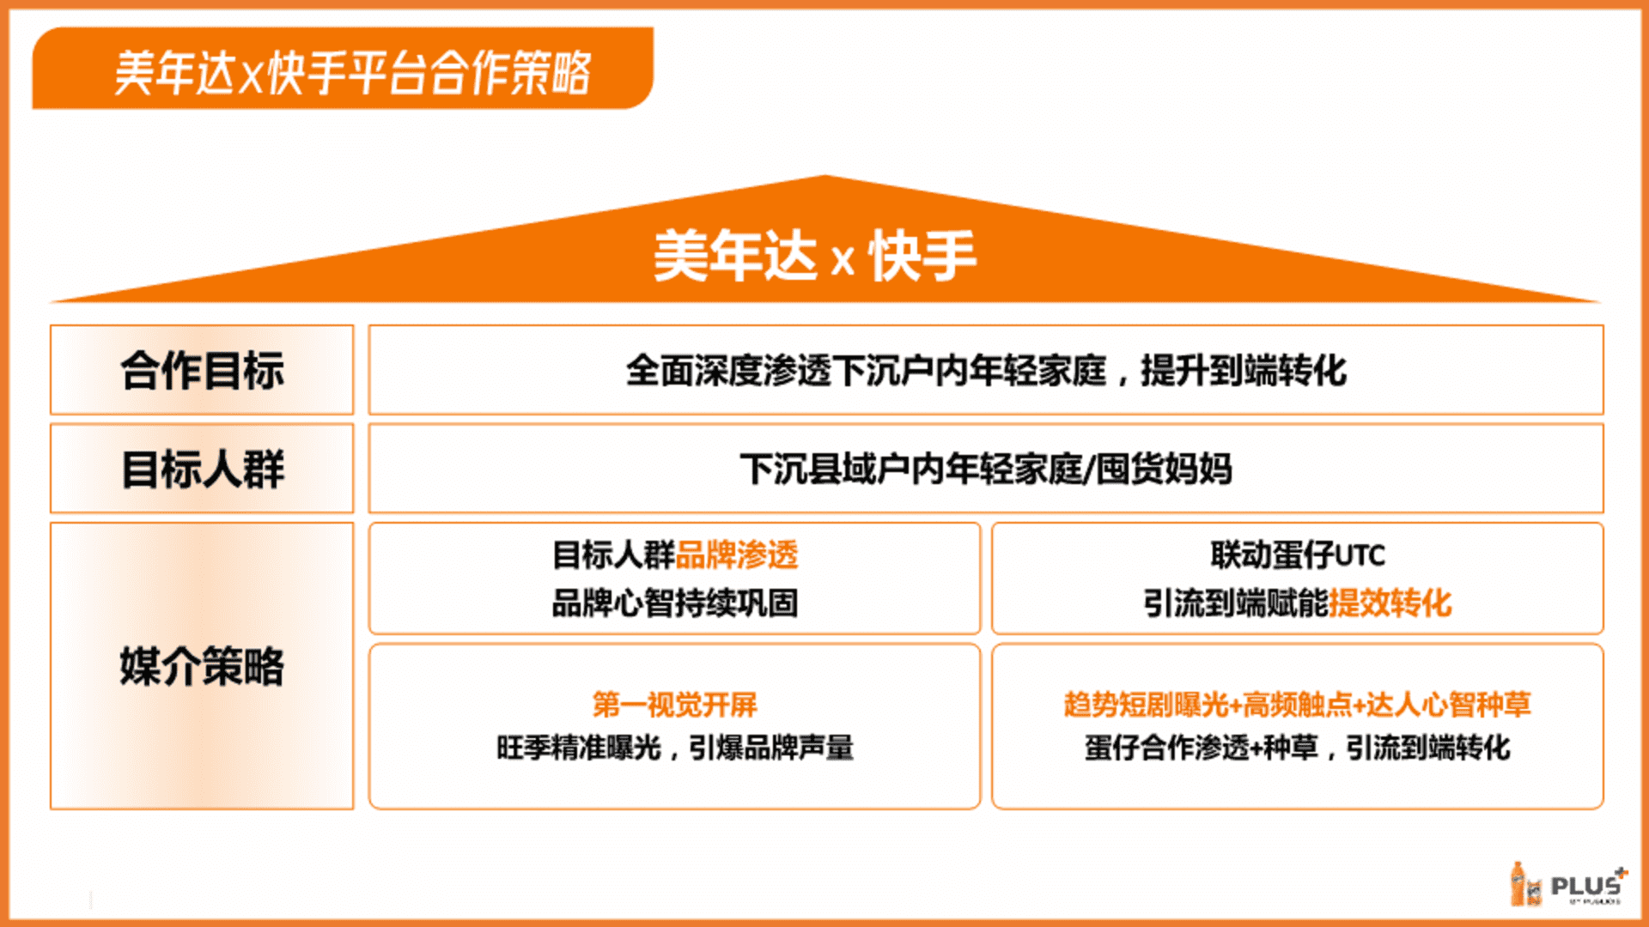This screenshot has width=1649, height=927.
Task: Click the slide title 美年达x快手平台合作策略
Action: point(352,72)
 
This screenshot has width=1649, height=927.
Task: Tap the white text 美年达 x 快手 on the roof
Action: point(814,256)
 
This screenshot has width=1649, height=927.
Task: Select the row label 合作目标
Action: point(202,371)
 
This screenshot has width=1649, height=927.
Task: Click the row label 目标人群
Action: point(202,470)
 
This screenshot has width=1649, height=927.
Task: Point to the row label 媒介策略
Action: point(202,666)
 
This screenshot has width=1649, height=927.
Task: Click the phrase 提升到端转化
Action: point(1244,371)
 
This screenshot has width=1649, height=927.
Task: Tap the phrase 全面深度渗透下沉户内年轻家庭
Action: point(866,371)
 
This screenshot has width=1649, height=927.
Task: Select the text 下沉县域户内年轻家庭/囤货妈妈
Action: point(986,470)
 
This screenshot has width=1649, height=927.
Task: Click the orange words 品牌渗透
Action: point(737,555)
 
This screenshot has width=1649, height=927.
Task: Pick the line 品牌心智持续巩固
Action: point(674,603)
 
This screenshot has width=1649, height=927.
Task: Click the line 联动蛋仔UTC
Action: point(1298,555)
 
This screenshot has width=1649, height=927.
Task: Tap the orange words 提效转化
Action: point(1390,603)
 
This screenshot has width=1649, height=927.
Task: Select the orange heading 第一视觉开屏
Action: point(674,705)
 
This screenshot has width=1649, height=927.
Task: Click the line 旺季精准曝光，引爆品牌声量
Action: point(674,748)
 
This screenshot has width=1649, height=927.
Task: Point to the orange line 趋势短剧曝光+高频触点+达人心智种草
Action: point(1297,705)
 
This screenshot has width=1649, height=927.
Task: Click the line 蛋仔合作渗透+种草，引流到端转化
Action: point(1297,748)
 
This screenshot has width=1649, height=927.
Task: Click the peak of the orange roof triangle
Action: point(825,176)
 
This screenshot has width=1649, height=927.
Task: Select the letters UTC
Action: point(1360,556)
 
